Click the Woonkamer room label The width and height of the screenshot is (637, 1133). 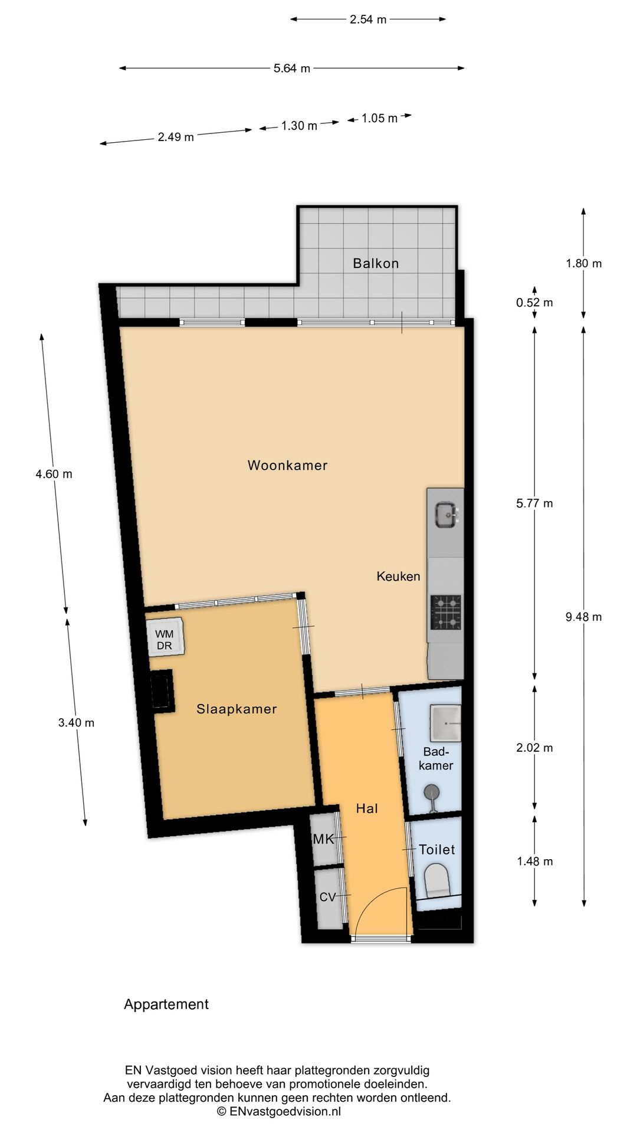tap(287, 465)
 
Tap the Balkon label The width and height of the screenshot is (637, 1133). tap(376, 263)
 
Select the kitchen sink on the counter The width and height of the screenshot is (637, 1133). tap(446, 515)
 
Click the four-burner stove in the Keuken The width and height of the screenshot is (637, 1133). tap(446, 612)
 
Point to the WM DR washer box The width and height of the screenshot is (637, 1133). tap(165, 640)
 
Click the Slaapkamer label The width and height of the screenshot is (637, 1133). tap(237, 709)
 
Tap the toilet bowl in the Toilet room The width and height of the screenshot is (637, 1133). tap(437, 880)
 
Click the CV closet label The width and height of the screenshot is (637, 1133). tap(327, 897)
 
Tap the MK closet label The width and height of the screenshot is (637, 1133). tap(324, 839)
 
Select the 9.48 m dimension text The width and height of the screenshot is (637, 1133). tap(583, 617)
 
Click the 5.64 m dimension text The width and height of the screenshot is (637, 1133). tap(291, 68)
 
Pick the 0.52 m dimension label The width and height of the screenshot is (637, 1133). tap(534, 303)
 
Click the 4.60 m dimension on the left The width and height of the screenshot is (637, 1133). tap(54, 474)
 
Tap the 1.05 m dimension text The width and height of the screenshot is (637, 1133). tap(379, 118)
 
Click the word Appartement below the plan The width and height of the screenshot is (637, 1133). tap(166, 1004)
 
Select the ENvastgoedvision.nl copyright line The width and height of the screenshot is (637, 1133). tap(278, 1112)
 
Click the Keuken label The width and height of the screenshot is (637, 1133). tap(398, 576)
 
